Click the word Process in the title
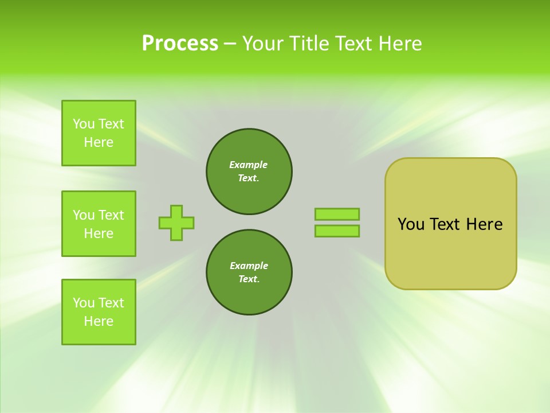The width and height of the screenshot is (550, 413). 180,44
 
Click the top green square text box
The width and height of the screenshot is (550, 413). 99,133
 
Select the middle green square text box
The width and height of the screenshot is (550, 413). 99,224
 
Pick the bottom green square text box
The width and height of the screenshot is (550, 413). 99,312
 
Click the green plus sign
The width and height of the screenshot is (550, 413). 176,223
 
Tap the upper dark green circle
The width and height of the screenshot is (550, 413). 249,172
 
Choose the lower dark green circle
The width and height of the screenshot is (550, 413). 249,272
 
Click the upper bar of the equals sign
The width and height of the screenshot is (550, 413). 337,215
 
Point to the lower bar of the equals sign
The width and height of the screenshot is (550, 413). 337,231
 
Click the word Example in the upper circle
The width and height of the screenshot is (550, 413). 248,165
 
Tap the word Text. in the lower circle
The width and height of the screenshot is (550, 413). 249,279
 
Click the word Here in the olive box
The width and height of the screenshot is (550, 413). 484,224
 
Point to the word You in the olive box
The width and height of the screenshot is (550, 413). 411,224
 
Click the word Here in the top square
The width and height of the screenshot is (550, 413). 99,142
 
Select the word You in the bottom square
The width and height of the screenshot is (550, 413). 84,303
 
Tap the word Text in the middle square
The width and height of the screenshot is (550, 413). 111,215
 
